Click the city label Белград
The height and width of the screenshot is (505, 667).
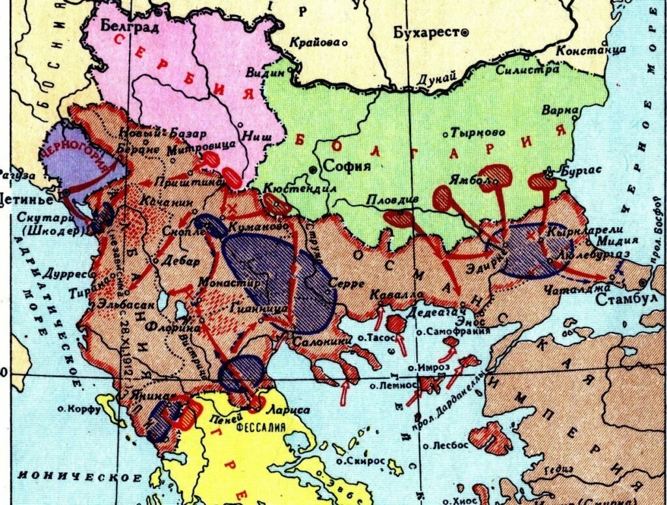coord(130,25)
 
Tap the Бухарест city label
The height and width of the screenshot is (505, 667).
coord(425,33)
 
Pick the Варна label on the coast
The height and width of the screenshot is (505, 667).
coord(560,111)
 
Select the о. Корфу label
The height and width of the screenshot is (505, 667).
coord(78,409)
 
